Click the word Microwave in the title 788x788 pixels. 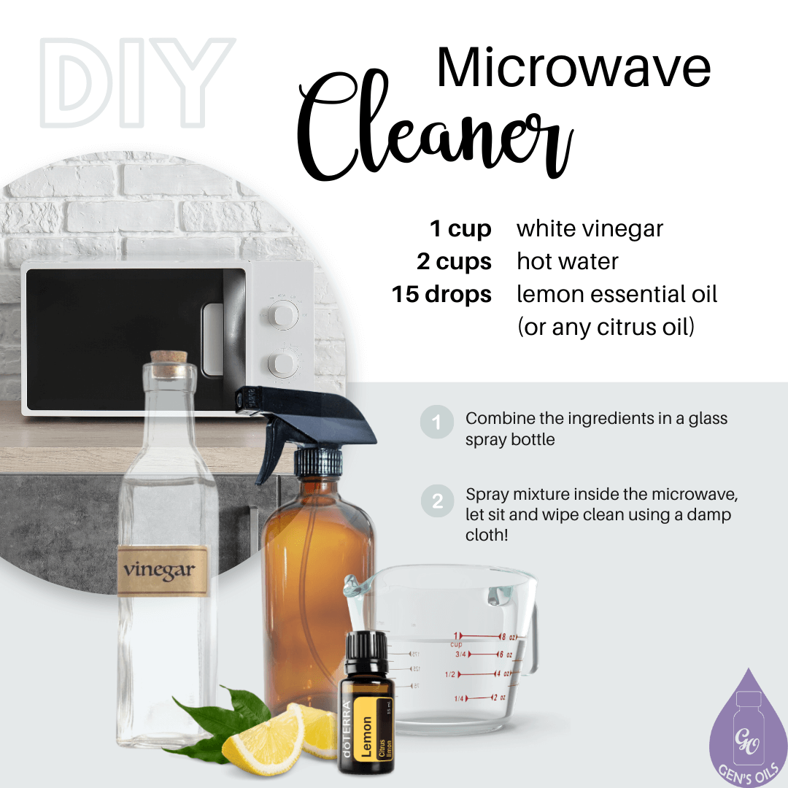coord(573,67)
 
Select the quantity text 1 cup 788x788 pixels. coord(460,229)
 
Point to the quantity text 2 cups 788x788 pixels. coord(454,261)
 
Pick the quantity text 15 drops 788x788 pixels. coord(441,294)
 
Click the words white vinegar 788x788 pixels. coord(590,229)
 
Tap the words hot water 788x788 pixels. coord(568,261)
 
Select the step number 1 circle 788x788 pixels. coord(437,422)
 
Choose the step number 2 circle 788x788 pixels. coord(437,502)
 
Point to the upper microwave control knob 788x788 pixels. coord(283,314)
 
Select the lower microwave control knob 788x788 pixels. coord(282,363)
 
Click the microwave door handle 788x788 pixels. coord(213,339)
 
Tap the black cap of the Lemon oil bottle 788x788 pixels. coord(366,654)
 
